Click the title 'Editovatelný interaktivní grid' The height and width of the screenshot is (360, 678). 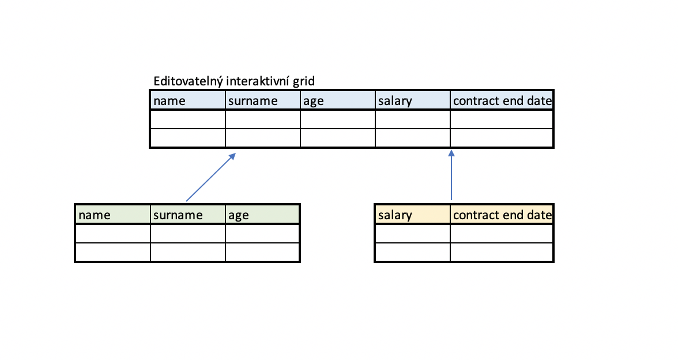234,81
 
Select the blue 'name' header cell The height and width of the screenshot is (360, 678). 188,100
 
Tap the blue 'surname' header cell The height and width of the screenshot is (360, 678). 263,100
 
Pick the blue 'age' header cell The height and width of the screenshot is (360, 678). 338,100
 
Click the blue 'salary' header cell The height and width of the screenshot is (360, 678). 413,100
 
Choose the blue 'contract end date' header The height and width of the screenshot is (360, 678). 502,100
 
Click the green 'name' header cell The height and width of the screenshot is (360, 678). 113,215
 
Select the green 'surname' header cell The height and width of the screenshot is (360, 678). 188,215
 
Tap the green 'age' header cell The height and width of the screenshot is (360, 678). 262,215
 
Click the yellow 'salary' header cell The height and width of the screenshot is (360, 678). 413,215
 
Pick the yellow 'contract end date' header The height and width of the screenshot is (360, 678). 502,215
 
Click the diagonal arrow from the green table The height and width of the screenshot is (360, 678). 211,177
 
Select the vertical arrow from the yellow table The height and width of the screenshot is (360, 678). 451,175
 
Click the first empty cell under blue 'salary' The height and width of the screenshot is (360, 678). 413,119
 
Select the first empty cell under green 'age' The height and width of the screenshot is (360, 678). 262,234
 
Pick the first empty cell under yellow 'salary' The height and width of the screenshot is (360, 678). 413,234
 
